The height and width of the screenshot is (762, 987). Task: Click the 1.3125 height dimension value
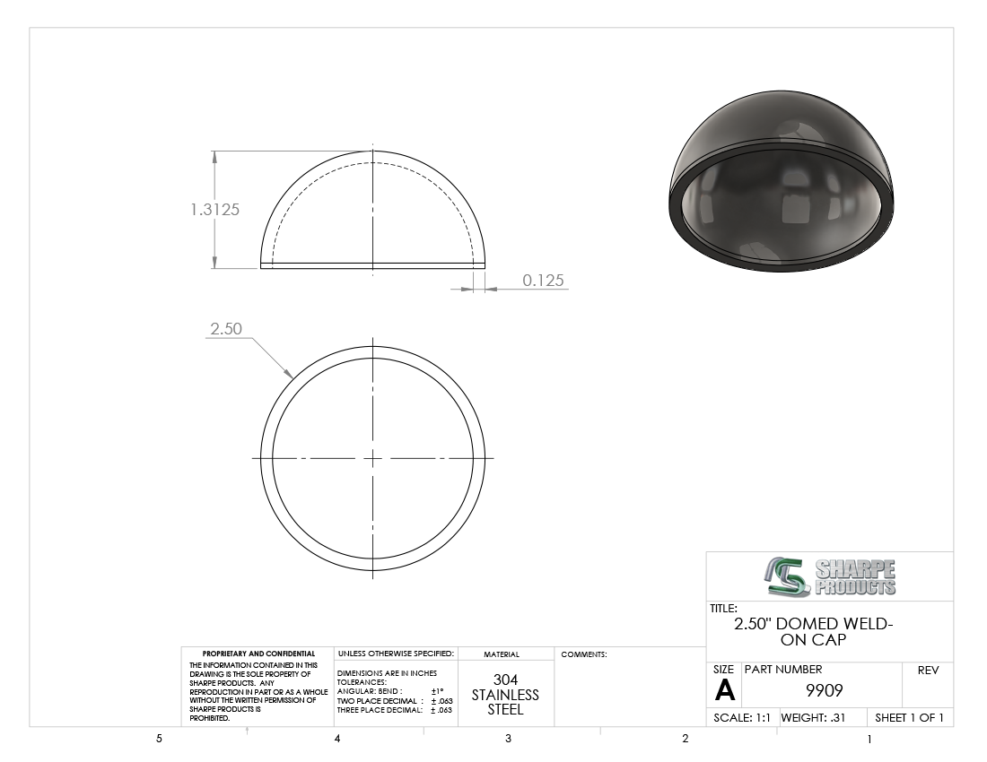[x=214, y=210]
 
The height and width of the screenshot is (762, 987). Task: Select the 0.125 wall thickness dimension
[x=543, y=281]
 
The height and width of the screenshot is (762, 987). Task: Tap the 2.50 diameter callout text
[x=226, y=328]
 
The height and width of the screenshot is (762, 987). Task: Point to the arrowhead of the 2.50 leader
[x=290, y=375]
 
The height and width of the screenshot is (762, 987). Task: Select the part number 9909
[x=824, y=690]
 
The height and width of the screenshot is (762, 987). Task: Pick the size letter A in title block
[x=724, y=690]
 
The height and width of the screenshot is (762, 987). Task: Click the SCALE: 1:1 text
[x=741, y=717]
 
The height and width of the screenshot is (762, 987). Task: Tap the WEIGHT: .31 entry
[x=813, y=717]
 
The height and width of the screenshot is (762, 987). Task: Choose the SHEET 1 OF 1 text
[x=909, y=717]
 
